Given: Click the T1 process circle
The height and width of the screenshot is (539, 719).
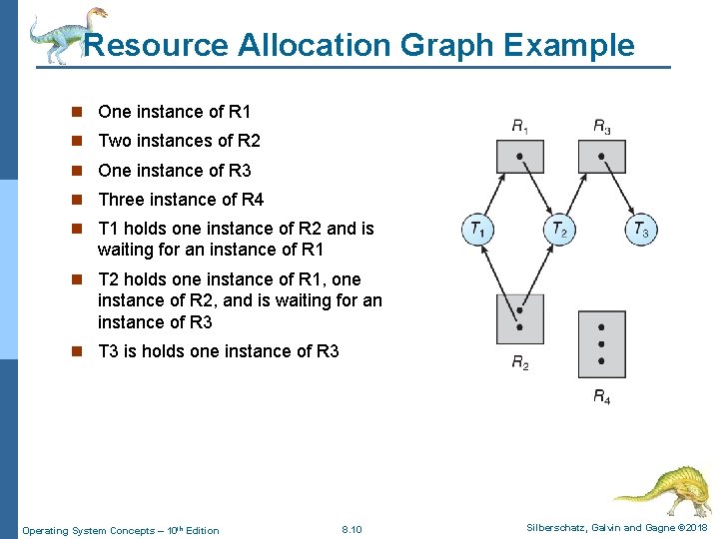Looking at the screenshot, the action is pyautogui.click(x=478, y=231).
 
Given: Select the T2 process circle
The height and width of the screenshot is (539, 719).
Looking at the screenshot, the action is pyautogui.click(x=560, y=231).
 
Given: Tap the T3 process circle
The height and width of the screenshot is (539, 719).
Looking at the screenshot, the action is pyautogui.click(x=641, y=231).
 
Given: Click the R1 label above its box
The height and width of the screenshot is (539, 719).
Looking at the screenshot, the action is pyautogui.click(x=520, y=127).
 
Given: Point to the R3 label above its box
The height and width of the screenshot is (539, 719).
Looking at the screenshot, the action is pyautogui.click(x=602, y=127).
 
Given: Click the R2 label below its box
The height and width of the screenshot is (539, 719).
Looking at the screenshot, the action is pyautogui.click(x=520, y=363).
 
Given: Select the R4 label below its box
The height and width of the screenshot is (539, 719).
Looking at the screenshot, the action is pyautogui.click(x=602, y=396).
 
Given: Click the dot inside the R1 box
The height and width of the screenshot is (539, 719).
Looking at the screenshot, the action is pyautogui.click(x=520, y=157).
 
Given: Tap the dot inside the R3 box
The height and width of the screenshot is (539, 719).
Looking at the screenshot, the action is pyautogui.click(x=601, y=157).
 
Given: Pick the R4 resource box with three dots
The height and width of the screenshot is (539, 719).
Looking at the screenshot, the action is pyautogui.click(x=601, y=343).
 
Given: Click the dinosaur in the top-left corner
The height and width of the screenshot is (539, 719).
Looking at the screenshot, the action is pyautogui.click(x=65, y=33).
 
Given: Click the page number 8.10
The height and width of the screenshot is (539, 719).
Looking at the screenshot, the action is pyautogui.click(x=352, y=529).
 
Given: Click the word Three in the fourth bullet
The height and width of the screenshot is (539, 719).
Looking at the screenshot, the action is pyautogui.click(x=121, y=200).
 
